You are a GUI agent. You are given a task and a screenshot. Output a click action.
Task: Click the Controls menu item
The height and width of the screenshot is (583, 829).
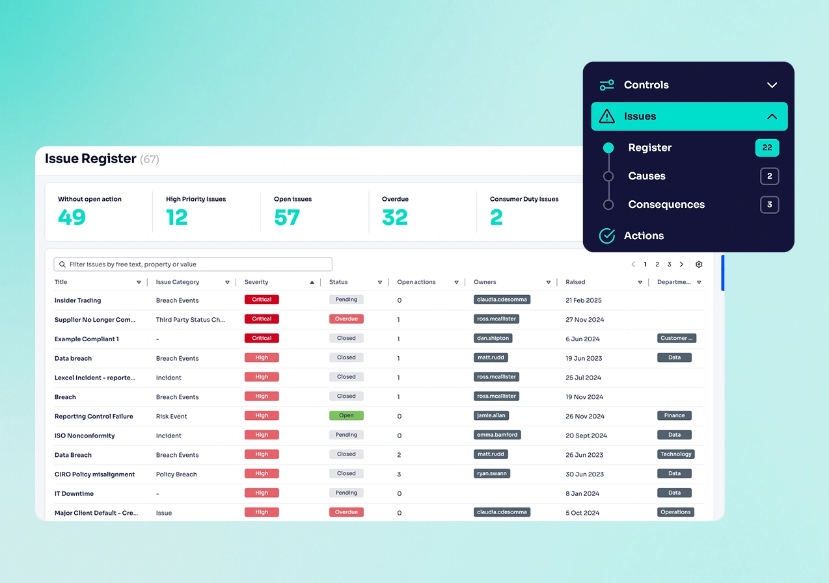pyautogui.click(x=646, y=85)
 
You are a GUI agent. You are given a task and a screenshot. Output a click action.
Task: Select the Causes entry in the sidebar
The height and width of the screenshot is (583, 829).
pyautogui.click(x=646, y=176)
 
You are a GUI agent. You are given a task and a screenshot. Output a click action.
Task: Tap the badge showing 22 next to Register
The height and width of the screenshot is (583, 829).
pyautogui.click(x=767, y=148)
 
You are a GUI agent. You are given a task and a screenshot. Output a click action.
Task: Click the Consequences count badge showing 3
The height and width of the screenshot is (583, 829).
pyautogui.click(x=769, y=205)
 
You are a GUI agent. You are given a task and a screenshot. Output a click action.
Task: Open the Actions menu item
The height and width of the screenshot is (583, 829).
pyautogui.click(x=643, y=236)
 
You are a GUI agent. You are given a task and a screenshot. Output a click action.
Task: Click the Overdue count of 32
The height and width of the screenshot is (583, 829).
pyautogui.click(x=394, y=218)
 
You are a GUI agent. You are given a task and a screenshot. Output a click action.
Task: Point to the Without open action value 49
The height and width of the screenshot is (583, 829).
pyautogui.click(x=72, y=218)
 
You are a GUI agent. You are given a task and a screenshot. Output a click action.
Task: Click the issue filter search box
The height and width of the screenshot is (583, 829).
pyautogui.click(x=193, y=265)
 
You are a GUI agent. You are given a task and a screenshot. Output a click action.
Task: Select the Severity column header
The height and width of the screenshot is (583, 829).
pyautogui.click(x=256, y=283)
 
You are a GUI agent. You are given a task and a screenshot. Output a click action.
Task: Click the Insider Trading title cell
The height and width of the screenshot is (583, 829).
pyautogui.click(x=77, y=301)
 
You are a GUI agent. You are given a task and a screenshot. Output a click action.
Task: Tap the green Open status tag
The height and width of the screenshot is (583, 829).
pyautogui.click(x=346, y=416)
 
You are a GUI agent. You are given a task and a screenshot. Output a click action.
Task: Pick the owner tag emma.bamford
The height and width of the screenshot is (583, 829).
pyautogui.click(x=497, y=435)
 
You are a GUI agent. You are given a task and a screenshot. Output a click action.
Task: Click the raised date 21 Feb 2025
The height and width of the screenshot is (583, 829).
pyautogui.click(x=584, y=301)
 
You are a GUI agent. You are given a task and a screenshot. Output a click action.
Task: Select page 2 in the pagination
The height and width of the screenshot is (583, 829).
pyautogui.click(x=657, y=265)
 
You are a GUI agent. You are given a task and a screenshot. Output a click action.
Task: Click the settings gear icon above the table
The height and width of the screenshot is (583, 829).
pyautogui.click(x=699, y=265)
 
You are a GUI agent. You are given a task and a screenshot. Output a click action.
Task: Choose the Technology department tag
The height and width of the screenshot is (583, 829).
pyautogui.click(x=675, y=454)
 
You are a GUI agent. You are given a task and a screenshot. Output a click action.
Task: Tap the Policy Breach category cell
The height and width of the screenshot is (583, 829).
pyautogui.click(x=176, y=474)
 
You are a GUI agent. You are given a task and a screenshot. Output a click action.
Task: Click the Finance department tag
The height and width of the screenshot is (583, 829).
pyautogui.click(x=674, y=416)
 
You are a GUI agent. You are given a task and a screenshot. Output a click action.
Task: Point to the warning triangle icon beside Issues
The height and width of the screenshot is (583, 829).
pyautogui.click(x=606, y=117)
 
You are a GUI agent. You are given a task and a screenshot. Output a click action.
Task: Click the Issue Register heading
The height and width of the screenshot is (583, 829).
pyautogui.click(x=90, y=159)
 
